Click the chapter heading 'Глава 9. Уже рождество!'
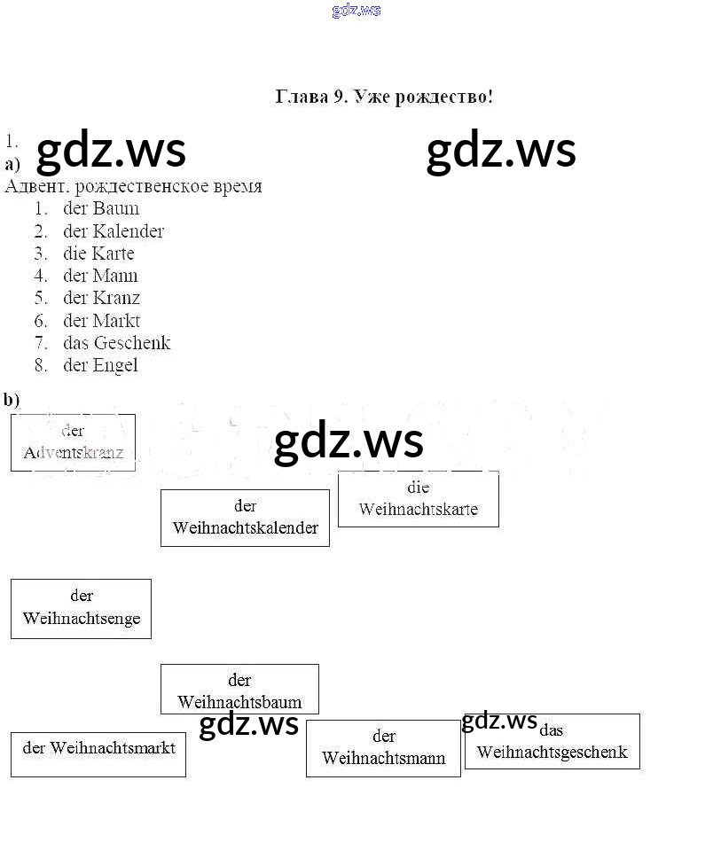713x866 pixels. coord(384,97)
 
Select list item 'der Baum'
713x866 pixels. coord(101,209)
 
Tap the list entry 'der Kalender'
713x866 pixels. coord(114,231)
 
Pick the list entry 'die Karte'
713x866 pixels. coord(98,254)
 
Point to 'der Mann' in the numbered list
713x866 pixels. coord(100,276)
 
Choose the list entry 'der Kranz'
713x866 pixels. coord(101,298)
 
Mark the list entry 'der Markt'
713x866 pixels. coord(101,321)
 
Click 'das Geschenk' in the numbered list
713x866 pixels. coord(116,343)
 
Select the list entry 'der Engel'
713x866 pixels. coord(100,365)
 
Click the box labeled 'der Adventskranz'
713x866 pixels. coord(73,442)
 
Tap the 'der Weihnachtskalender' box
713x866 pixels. coord(245,518)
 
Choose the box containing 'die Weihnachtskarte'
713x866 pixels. coord(418,499)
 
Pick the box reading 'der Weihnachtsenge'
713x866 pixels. coord(81,608)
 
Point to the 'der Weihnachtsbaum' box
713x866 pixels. coord(239,690)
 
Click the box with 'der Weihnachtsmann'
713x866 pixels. coord(383,748)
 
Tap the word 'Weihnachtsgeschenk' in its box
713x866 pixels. coord(552,753)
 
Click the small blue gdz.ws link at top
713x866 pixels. coord(356,11)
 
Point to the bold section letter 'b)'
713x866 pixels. coord(12,400)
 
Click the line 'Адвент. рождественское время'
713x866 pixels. coord(133,186)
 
